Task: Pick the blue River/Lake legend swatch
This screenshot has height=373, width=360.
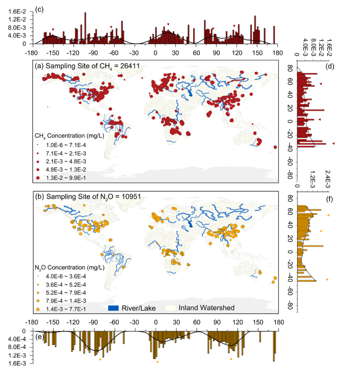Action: (x=116, y=308)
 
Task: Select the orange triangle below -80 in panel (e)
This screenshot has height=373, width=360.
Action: (x=100, y=359)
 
